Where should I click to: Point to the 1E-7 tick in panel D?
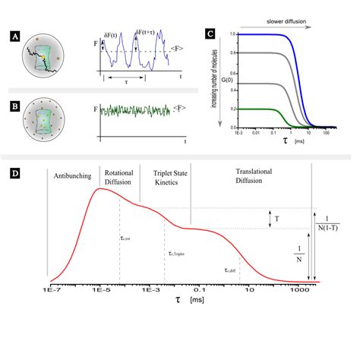[x=49, y=290]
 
